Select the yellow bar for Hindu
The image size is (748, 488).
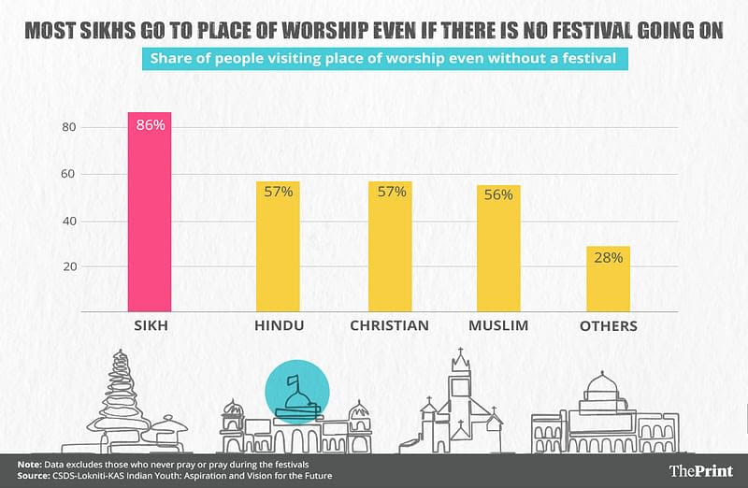pos(278,247)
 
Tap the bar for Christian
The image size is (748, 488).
pos(390,247)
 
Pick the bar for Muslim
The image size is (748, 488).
pos(498,248)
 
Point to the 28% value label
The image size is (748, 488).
pos(608,257)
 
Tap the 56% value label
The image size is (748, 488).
pos(498,194)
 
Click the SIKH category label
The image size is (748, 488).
pos(150,326)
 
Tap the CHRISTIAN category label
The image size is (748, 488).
pos(389,326)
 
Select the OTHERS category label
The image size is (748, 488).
pos(608,326)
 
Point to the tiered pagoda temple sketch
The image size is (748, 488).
pos(122,402)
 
